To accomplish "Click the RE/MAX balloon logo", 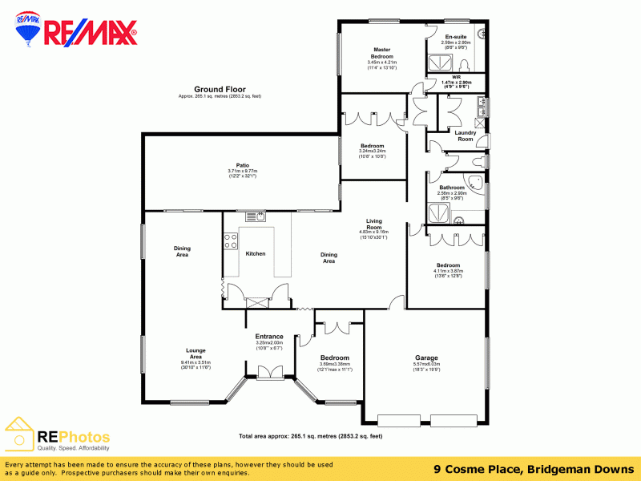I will point(30,32).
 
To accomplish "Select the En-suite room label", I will point(456,36).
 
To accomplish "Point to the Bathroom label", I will point(452,188).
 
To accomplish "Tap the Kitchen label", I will point(255,253).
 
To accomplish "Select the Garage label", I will point(425,358).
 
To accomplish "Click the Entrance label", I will point(268,336).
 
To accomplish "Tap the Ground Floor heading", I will point(220,89).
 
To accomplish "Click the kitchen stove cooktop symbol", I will point(231,241).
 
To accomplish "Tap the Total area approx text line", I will point(310,436).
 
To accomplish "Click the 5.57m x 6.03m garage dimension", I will point(426,364).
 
